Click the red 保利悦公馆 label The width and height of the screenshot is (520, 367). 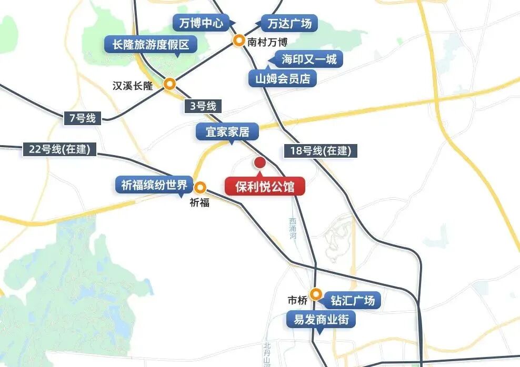coord(265,186)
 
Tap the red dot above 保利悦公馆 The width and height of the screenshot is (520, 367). coord(259,162)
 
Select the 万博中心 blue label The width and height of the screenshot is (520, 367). coord(198,23)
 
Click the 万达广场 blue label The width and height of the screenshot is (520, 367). coord(289,24)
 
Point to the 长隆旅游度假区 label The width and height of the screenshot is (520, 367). coord(151,45)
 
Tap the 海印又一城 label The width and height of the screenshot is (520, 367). coord(308,59)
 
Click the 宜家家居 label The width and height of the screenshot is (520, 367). coord(227,131)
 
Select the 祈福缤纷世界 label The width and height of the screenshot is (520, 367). coord(154,185)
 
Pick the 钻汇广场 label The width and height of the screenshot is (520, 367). coord(352,301)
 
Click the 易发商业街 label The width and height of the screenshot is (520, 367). coord(321,319)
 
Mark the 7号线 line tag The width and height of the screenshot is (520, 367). coord(82,118)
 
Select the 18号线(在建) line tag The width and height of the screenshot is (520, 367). coord(320,151)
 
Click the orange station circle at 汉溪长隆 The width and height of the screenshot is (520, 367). coord(169,84)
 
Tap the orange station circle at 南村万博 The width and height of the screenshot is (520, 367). coord(239,40)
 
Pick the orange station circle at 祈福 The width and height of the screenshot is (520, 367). coord(201,187)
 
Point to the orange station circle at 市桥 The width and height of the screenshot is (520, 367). coord(315,294)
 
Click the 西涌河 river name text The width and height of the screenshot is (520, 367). coord(293,228)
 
